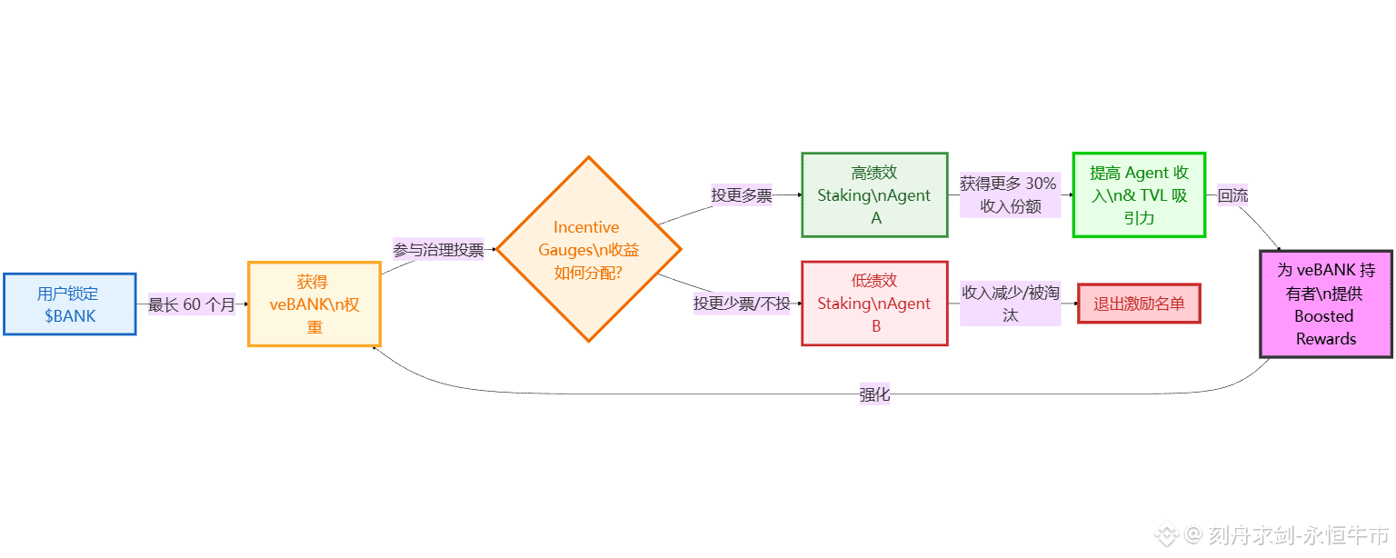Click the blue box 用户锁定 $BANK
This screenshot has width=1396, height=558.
click(x=70, y=304)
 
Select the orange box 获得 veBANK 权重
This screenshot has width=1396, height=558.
click(x=314, y=304)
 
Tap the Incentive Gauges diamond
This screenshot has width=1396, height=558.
click(x=588, y=249)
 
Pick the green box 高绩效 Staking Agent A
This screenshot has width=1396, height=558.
click(x=874, y=194)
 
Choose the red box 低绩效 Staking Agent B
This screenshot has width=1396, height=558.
click(x=874, y=304)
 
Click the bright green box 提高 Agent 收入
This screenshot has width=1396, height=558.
click(x=1139, y=194)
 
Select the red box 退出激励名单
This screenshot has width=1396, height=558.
click(x=1139, y=304)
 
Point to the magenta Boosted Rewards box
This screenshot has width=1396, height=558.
click(x=1325, y=304)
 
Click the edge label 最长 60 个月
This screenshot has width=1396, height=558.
click(x=192, y=304)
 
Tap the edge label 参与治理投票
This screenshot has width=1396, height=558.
click(x=438, y=249)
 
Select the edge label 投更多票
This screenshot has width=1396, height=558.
click(x=742, y=194)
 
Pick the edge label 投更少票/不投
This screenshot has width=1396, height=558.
click(x=742, y=304)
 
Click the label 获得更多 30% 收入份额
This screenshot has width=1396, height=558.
click(x=1010, y=194)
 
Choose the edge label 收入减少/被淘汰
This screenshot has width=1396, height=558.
click(x=1010, y=304)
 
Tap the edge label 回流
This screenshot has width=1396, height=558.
click(x=1232, y=194)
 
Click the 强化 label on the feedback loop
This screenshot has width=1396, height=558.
click(x=874, y=394)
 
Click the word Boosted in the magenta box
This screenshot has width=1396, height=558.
click(x=1324, y=316)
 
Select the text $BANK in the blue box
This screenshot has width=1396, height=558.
click(x=70, y=316)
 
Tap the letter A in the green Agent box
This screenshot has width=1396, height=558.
click(x=876, y=218)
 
